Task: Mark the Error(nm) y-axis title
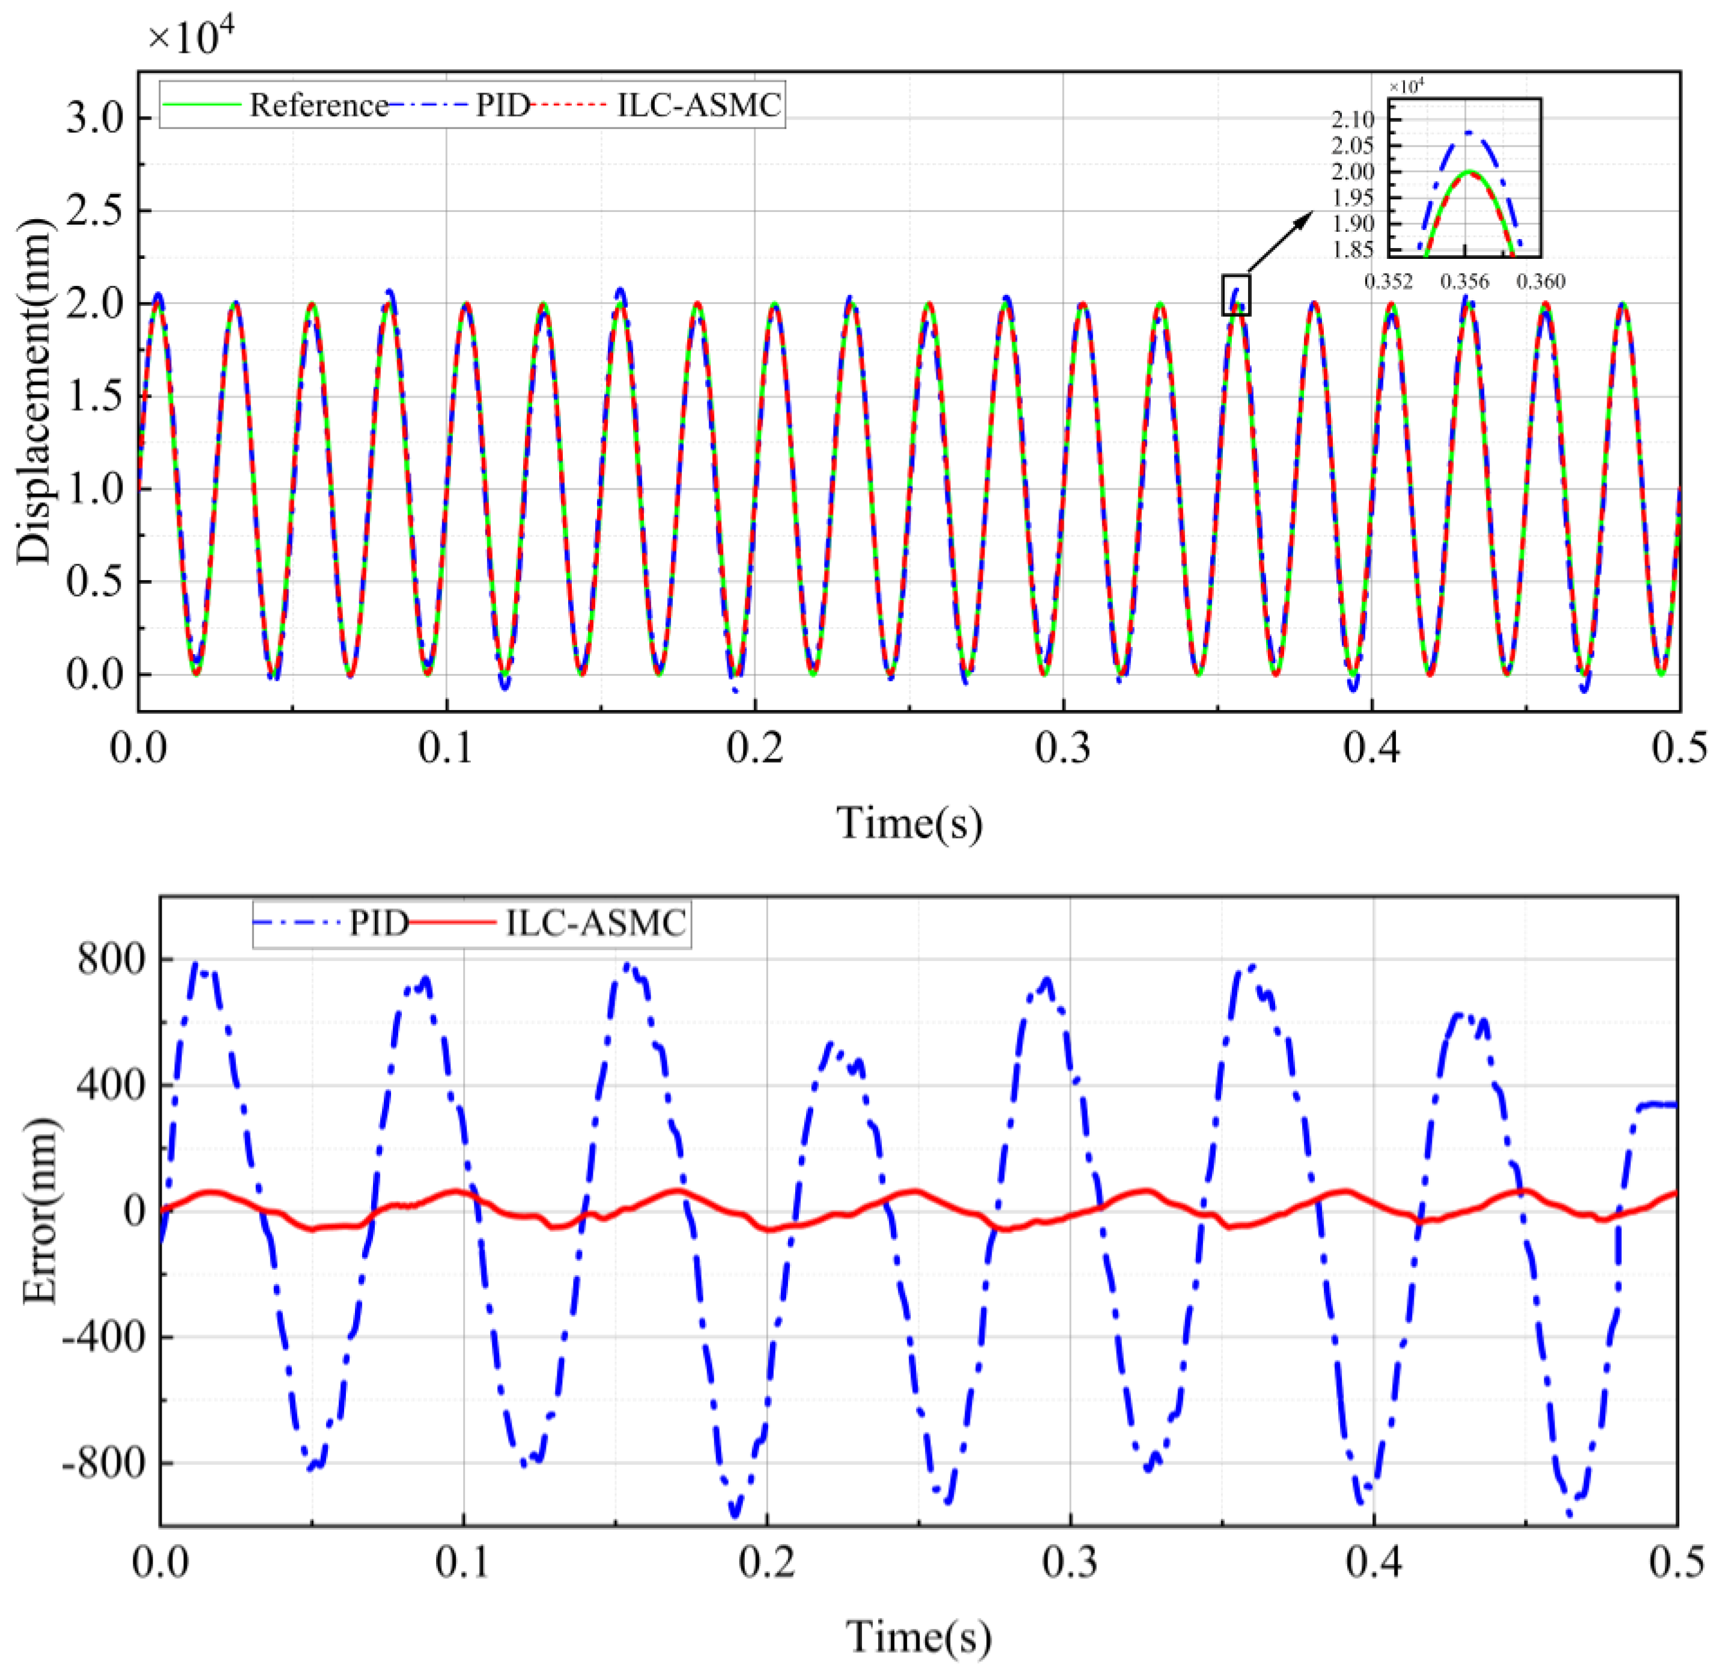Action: point(39,1211)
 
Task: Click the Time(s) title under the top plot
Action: point(909,823)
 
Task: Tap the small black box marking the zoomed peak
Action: point(1235,295)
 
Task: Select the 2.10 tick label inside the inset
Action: point(1353,120)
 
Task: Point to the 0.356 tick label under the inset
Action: point(1464,282)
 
